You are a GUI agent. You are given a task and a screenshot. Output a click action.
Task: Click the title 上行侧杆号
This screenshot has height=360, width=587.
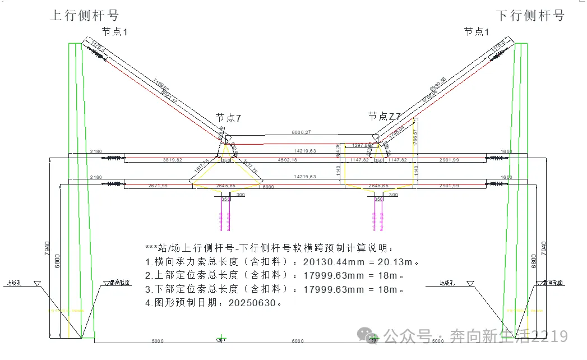coord(85,15)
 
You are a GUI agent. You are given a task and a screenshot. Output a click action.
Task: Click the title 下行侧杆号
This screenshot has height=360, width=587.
coord(530,15)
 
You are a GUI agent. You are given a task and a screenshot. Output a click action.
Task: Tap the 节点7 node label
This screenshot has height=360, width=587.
coord(228,118)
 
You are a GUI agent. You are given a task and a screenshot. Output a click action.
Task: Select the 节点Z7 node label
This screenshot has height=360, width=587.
coord(385,117)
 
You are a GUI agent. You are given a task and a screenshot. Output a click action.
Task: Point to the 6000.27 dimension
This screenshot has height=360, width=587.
coord(301,132)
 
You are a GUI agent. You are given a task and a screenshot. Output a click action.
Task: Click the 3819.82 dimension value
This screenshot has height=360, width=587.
coord(172,160)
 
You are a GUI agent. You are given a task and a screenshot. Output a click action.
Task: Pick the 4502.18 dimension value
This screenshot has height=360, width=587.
coord(288,160)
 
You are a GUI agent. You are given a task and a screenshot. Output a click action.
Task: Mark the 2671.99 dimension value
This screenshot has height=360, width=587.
coord(159,186)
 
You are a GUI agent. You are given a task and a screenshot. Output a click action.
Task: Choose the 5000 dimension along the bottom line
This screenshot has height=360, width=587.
coord(158,341)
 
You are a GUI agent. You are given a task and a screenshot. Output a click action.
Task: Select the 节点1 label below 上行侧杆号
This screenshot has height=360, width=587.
coord(114,32)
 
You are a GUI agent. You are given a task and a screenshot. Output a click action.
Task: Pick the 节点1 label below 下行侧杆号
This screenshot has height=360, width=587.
coord(477,32)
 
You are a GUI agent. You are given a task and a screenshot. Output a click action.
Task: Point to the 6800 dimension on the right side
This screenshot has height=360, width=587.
coord(534,261)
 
